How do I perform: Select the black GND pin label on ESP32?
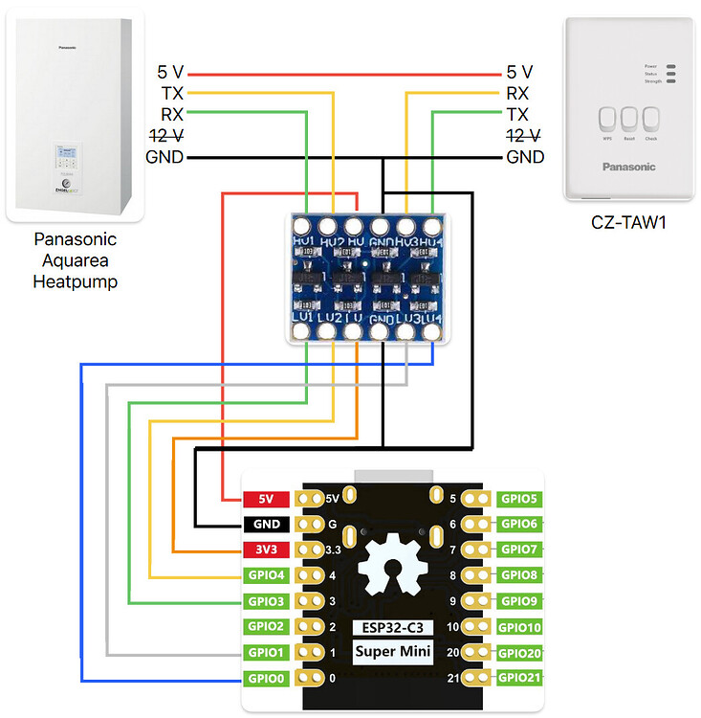tap(267, 524)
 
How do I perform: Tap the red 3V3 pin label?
tap(267, 550)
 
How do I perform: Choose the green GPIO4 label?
tap(267, 575)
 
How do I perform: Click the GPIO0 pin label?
tap(267, 679)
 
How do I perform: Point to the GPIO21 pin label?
tap(520, 679)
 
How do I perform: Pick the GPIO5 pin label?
tap(520, 499)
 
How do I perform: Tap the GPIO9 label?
tap(520, 601)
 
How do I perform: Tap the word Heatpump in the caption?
tap(75, 281)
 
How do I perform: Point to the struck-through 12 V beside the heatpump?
tap(165, 135)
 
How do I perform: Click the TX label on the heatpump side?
tap(172, 93)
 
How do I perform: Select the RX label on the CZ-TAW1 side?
tap(518, 93)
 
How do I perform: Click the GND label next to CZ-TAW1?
tap(525, 157)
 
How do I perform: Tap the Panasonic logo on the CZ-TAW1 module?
tap(628, 167)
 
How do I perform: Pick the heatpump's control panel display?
tap(66, 153)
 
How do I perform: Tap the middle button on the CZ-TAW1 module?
tap(628, 120)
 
